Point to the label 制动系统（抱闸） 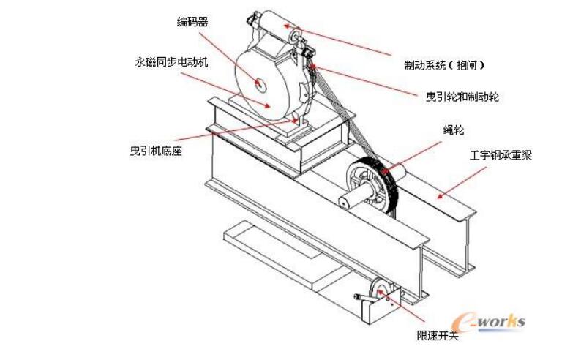(x=444, y=65)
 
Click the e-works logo (x=489, y=320)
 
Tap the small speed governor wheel (x=381, y=292)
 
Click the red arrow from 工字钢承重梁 (x=461, y=183)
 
